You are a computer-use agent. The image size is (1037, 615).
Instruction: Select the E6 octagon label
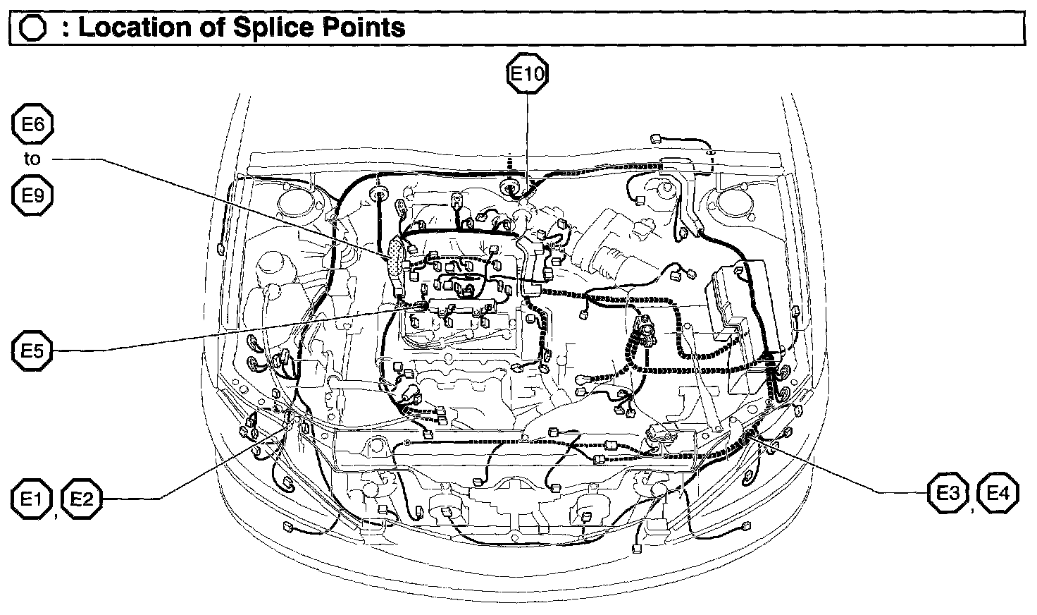coord(32,126)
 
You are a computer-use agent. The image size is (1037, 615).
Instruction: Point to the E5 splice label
coord(32,351)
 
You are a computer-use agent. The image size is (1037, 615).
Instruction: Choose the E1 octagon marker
coord(32,499)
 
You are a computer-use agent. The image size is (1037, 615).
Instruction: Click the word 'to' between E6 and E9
coord(32,159)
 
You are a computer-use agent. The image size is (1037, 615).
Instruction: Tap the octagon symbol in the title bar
coord(34,28)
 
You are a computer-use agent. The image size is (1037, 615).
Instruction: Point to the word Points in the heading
coord(370,28)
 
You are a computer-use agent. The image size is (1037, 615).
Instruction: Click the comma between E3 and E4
coord(973,509)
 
